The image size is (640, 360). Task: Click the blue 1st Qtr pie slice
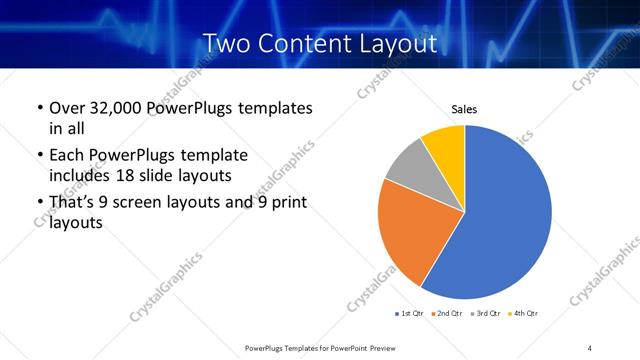(x=505, y=220)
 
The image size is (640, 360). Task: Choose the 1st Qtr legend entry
(x=409, y=313)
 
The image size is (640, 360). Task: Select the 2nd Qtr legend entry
(x=445, y=313)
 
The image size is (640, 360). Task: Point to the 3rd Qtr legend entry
(x=485, y=313)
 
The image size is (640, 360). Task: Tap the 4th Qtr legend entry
(x=524, y=313)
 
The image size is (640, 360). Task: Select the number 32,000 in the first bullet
(x=114, y=108)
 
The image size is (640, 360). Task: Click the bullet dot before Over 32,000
(x=38, y=108)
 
